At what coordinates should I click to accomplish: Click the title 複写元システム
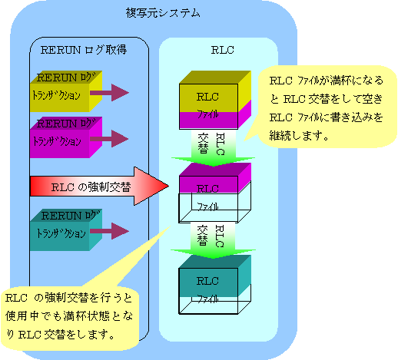pos(163,13)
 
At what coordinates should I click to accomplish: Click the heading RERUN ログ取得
pos(84,50)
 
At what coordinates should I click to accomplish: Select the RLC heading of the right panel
pos(222,50)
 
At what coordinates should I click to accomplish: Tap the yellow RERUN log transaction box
pos(66,91)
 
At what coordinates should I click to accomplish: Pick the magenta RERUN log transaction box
pos(66,137)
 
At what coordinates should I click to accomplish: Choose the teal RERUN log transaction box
pos(66,230)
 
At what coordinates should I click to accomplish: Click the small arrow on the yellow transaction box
pos(109,93)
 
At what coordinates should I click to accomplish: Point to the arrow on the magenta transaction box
pos(109,139)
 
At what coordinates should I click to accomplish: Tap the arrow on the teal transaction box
pos(109,231)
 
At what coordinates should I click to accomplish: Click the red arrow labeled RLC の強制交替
pos(99,187)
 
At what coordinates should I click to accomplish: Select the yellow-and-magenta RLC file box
pos(215,100)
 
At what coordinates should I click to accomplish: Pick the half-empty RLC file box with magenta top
pos(215,193)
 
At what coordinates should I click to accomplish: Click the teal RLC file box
pos(215,285)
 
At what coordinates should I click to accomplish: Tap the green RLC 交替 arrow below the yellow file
pos(213,148)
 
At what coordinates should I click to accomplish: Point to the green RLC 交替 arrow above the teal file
pos(213,240)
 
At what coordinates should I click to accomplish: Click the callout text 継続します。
pos(299,136)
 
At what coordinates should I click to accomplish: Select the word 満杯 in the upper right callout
pos(340,81)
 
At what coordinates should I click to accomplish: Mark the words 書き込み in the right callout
pos(351,117)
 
